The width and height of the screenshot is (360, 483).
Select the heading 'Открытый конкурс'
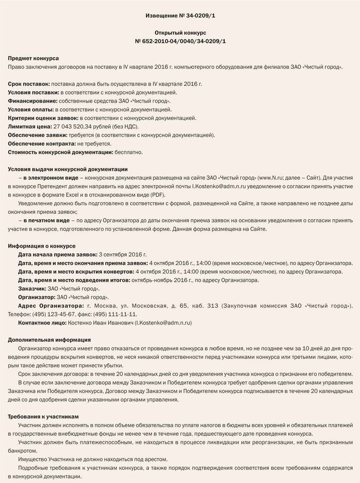tap(180, 32)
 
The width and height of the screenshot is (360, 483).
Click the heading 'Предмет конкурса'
tap(34, 58)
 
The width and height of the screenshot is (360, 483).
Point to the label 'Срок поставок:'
tap(29, 84)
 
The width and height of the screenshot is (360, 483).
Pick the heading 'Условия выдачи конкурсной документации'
tap(68, 169)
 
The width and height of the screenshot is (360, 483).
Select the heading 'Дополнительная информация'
tap(50, 340)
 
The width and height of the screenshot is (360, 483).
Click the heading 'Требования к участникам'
tap(44, 417)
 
